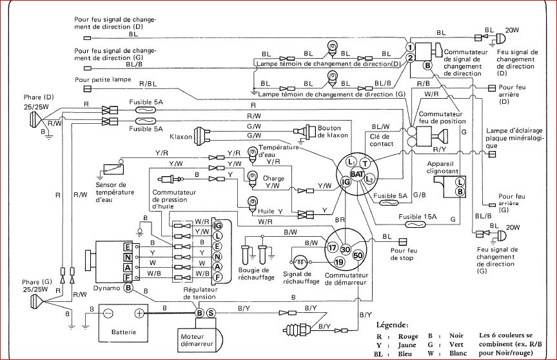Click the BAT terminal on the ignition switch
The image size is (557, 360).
coord(357,175)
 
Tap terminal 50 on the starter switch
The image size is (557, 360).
coord(359,257)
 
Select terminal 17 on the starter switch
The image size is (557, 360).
coord(333,248)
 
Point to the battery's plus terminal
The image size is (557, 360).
coord(139,312)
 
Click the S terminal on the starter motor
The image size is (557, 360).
coord(211,313)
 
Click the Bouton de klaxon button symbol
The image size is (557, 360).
coord(302,131)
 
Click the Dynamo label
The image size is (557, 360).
coord(106,288)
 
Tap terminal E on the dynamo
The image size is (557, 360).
coord(128,247)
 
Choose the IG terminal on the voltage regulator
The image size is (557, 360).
coord(217,225)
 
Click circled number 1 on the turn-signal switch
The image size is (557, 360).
coord(409,48)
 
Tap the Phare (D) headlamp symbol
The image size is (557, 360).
coord(31,120)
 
